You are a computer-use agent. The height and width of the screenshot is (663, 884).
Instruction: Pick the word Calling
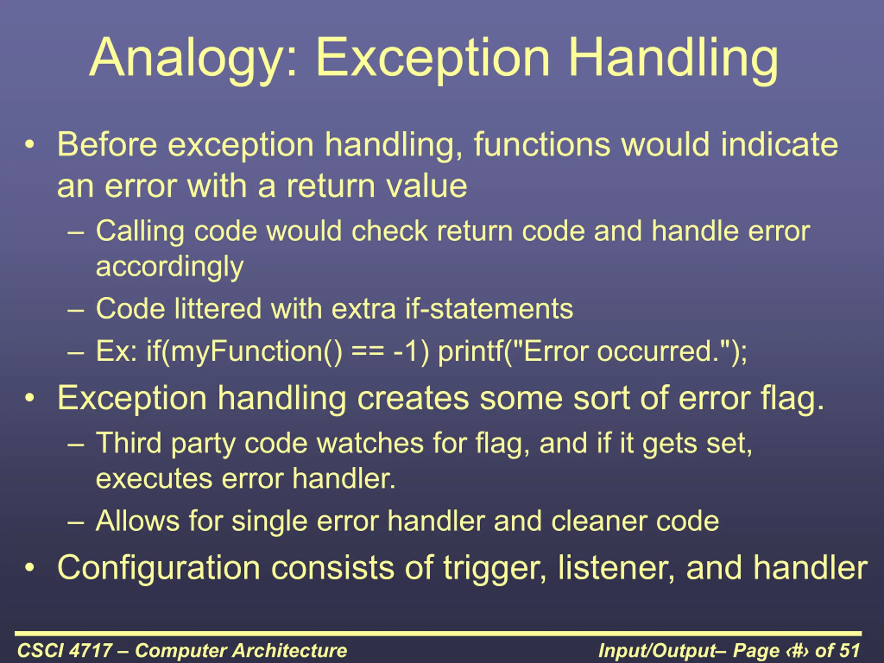[140, 232]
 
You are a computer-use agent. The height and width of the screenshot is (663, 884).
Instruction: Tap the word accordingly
[170, 267]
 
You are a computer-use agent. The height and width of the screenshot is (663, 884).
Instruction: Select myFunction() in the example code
[244, 352]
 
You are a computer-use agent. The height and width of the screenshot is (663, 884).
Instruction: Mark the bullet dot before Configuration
[29, 567]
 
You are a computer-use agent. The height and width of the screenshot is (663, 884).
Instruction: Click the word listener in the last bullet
[616, 567]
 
